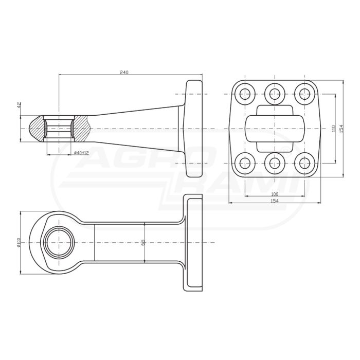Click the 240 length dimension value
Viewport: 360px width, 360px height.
[x=124, y=72]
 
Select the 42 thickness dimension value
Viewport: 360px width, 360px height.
[x=19, y=105]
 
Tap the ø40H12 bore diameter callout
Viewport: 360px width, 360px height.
[x=81, y=153]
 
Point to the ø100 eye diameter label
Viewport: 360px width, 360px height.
[x=19, y=242]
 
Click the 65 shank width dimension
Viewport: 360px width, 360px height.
[x=142, y=242]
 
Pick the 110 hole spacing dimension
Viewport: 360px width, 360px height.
[x=334, y=129]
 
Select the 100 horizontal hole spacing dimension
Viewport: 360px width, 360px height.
[x=275, y=194]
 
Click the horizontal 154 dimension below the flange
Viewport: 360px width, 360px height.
[x=275, y=201]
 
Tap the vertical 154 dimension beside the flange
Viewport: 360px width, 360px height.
[x=341, y=129]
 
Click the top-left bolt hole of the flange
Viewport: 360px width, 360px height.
[x=245, y=94]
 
